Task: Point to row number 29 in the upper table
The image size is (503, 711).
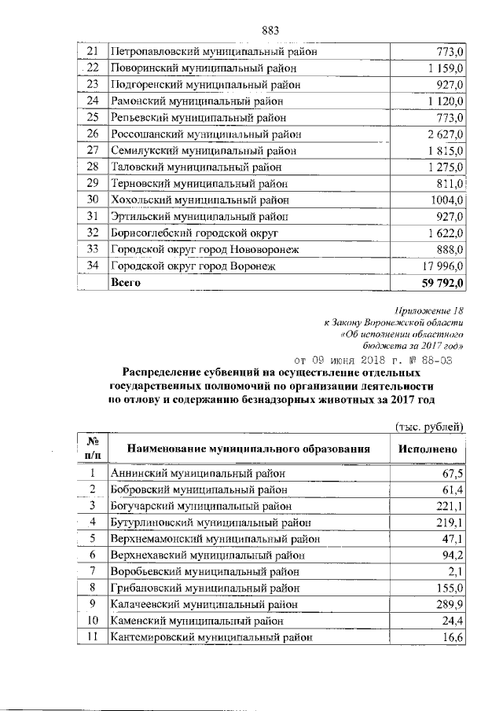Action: [x=92, y=183]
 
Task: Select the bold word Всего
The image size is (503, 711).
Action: [x=126, y=282]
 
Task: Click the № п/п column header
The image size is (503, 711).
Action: [x=92, y=449]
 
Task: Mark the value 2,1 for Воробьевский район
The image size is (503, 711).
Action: [x=457, y=571]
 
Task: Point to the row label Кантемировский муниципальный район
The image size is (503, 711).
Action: [x=211, y=637]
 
